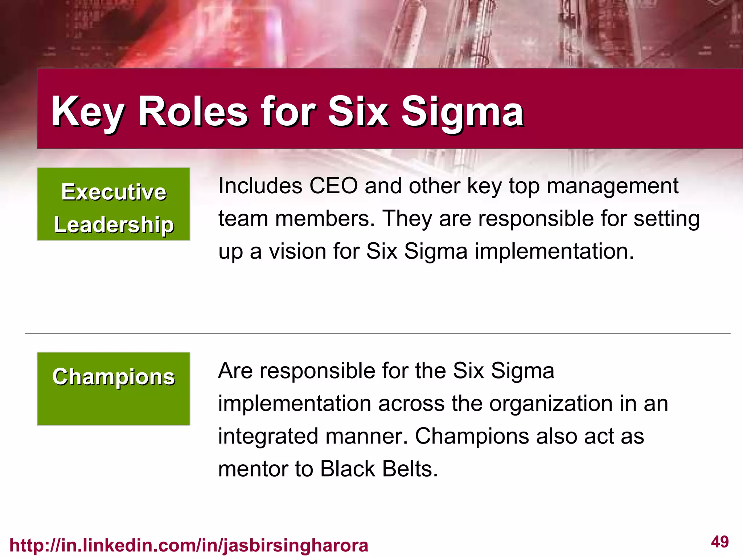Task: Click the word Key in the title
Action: (87, 112)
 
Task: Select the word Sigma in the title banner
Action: (462, 112)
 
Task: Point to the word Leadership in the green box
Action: (114, 225)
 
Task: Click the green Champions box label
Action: (114, 377)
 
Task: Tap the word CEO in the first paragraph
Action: (333, 186)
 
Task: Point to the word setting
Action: (666, 219)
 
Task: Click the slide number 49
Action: (719, 542)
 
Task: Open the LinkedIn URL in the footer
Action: (189, 545)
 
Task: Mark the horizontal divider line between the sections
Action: (377, 333)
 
